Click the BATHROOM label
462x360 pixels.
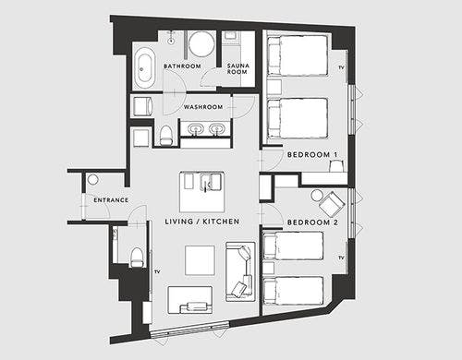182,66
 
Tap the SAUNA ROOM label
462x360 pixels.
237,69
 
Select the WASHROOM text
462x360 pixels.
203,107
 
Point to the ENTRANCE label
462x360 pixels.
111,200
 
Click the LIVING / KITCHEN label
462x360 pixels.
202,222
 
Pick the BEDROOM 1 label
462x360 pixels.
312,154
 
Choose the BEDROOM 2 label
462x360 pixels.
312,222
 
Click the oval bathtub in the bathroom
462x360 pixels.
144,67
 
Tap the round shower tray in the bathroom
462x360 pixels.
201,44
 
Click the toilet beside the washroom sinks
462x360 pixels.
166,135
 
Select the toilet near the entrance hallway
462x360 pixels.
137,258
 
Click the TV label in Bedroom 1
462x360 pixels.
341,67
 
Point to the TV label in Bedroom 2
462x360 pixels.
341,258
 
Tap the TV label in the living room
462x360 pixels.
157,271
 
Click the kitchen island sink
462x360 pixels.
211,182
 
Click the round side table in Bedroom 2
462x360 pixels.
317,196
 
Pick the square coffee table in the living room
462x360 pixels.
200,260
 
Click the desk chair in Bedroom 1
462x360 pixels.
336,166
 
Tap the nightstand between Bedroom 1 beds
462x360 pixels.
274,87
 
